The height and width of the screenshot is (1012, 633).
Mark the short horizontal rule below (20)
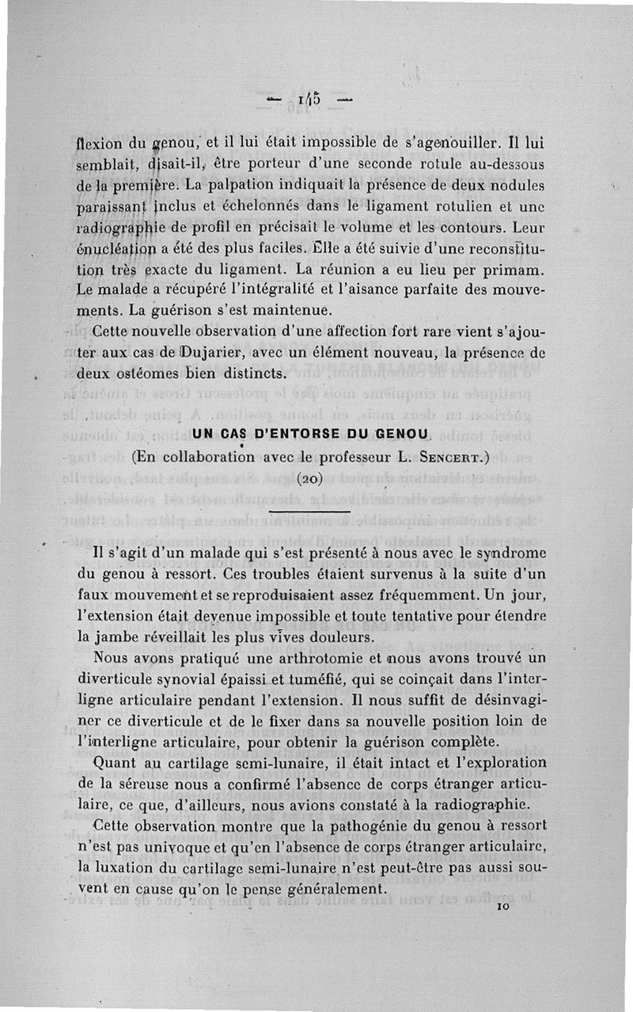click(x=309, y=512)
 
